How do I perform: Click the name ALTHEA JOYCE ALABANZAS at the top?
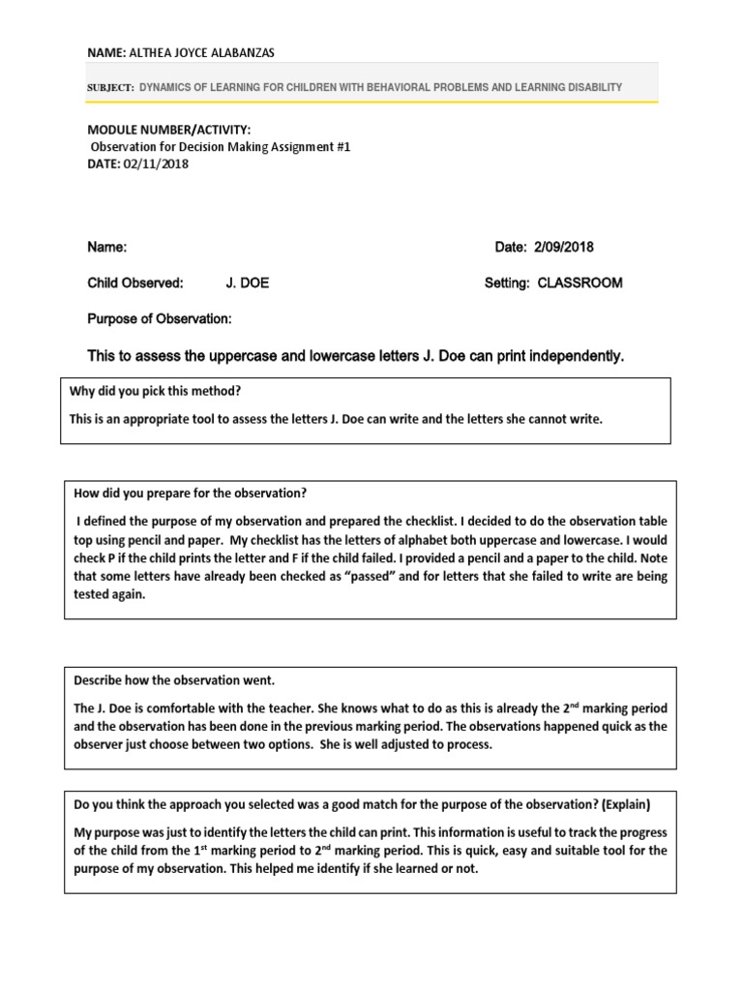(x=209, y=52)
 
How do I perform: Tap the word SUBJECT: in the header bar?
(x=110, y=87)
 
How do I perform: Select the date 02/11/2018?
(x=156, y=164)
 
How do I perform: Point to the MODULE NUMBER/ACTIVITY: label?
(x=169, y=130)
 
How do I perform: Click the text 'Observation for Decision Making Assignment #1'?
(x=221, y=147)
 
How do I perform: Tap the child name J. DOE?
(x=248, y=283)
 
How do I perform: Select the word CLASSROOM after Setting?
(x=580, y=283)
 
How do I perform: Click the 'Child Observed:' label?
(x=135, y=283)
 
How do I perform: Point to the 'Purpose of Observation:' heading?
(x=160, y=318)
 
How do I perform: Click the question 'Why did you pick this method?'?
(x=156, y=391)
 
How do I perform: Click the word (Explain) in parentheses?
(x=626, y=804)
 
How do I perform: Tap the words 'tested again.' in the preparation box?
(x=109, y=595)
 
